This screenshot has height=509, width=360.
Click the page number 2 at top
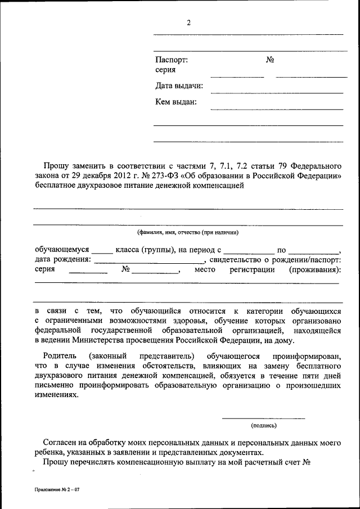189,22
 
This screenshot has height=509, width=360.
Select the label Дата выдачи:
179,86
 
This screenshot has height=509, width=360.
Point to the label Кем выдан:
175,102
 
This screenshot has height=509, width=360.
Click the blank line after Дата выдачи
277,92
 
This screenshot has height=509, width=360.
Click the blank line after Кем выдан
277,109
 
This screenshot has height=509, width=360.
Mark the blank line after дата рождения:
149,263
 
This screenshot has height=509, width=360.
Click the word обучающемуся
62,249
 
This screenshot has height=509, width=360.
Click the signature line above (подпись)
263,418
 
